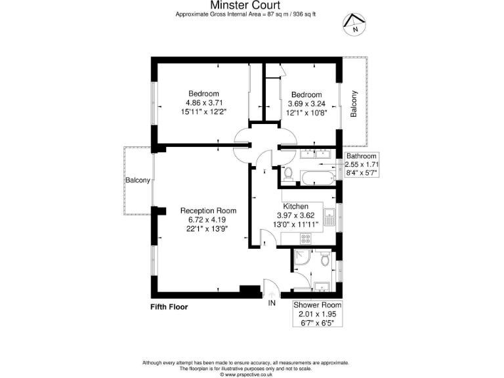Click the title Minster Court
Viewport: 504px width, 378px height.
pos(251,5)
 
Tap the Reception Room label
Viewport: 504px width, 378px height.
pos(208,211)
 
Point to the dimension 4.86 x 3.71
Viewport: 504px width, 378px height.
pos(203,103)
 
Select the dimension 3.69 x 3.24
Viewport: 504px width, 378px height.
pos(306,104)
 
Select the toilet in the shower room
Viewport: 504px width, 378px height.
pos(325,261)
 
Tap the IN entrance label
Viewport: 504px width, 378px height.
pos(272,303)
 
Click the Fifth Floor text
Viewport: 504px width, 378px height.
pos(169,306)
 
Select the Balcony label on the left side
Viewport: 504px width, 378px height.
pos(138,180)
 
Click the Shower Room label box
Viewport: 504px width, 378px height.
pos(317,314)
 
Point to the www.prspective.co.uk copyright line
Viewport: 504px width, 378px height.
pos(251,375)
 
